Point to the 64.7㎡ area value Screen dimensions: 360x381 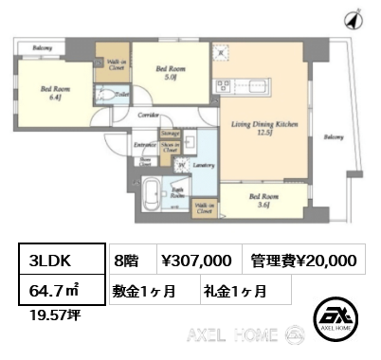point(51,292)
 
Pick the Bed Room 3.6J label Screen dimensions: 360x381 point(263,201)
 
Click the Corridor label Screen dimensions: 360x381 point(146,114)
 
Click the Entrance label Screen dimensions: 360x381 point(145,145)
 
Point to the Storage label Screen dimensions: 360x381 point(171,135)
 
